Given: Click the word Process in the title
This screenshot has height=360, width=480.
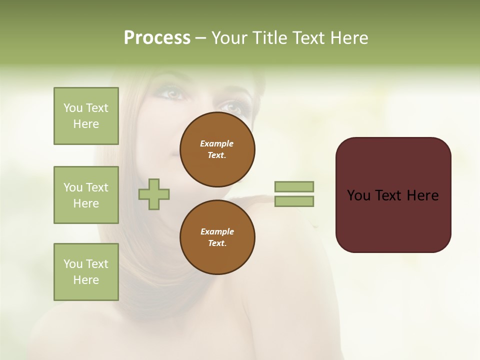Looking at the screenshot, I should click(x=157, y=38).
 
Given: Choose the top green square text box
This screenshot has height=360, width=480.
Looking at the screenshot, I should click(x=86, y=116).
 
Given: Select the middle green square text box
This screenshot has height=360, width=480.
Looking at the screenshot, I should click(x=86, y=195).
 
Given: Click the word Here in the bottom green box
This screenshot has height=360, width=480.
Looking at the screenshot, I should click(x=86, y=280).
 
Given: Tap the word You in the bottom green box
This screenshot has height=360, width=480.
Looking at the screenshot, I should click(x=73, y=264).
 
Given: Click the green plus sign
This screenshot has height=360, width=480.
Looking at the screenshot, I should click(x=154, y=193).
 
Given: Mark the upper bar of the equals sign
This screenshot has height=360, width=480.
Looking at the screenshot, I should click(x=294, y=186).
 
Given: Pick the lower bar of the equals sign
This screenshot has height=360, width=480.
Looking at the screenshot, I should click(x=294, y=201).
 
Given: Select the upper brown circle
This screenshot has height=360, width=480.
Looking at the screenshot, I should click(x=217, y=149).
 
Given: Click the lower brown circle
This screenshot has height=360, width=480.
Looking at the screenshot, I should click(x=217, y=237).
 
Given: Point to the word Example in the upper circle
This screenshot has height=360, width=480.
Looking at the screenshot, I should click(x=217, y=143).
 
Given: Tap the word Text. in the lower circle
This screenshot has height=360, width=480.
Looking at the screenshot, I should click(x=217, y=243).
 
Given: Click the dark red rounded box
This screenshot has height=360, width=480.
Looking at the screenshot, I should click(x=393, y=195).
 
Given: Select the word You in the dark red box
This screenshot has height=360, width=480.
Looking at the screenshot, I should click(x=358, y=195).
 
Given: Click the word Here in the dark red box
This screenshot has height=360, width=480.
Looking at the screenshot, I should click(x=422, y=195).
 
